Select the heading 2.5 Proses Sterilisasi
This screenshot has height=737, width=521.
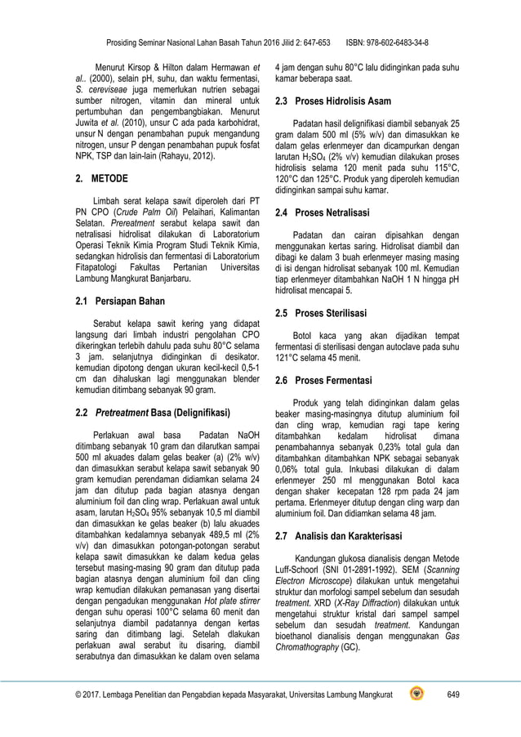331,313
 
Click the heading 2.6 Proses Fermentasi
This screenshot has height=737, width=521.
332,381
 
